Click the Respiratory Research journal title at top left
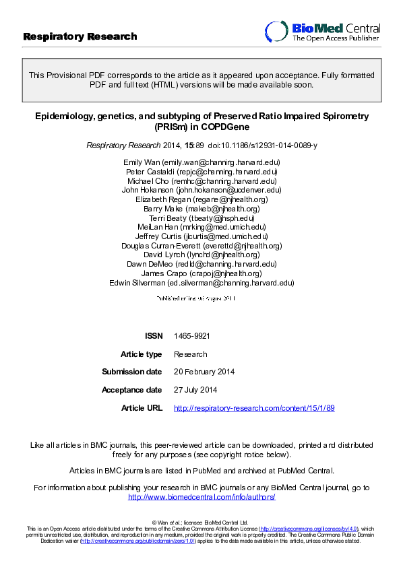tap(80, 36)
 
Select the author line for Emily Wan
tap(202, 162)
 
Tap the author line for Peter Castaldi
tap(202, 172)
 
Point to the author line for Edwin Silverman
tap(202, 283)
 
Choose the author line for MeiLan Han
tap(202, 228)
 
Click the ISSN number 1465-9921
tap(187, 335)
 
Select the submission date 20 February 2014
tap(204, 372)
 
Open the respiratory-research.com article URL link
tap(254, 408)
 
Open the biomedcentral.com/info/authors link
tap(202, 497)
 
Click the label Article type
tap(142, 354)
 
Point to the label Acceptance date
tap(132, 390)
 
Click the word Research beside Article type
tap(191, 354)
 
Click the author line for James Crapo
tap(202, 273)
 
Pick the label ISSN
tap(153, 335)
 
